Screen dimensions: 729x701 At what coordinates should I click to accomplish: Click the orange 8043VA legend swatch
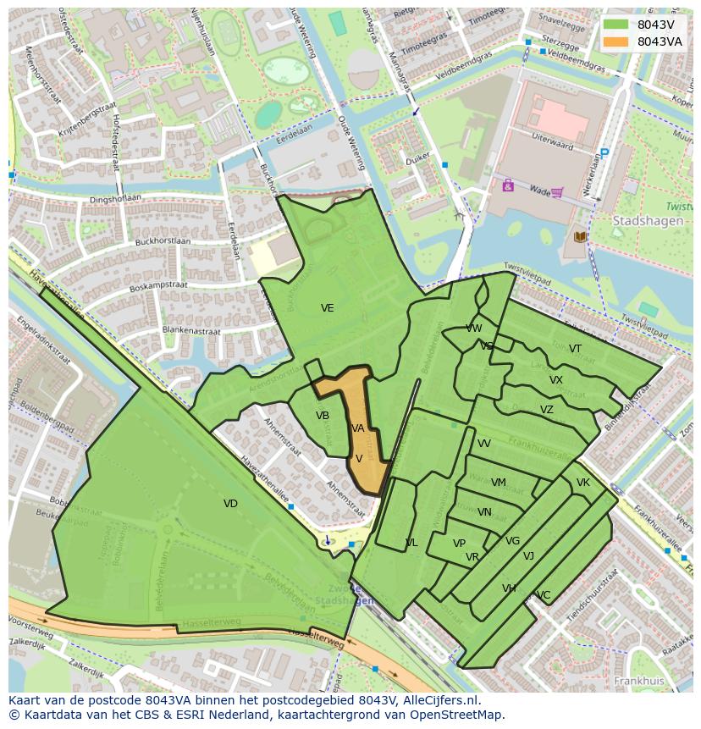615,41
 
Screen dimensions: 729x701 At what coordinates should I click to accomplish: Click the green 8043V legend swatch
615,25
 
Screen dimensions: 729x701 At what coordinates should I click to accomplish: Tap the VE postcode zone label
327,308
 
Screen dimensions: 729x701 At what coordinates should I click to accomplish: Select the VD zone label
230,503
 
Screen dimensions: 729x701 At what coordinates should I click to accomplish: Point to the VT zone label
575,349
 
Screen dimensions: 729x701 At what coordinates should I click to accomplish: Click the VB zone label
323,416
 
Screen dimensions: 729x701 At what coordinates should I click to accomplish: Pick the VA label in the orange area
358,428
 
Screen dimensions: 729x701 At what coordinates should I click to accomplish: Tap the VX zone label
555,380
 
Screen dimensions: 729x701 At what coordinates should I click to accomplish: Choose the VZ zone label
547,410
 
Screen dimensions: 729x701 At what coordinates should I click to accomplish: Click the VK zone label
582,483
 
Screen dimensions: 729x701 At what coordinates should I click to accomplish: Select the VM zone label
499,483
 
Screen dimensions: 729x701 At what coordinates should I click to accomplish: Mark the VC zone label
544,595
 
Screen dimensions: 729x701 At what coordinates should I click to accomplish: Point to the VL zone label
411,543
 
